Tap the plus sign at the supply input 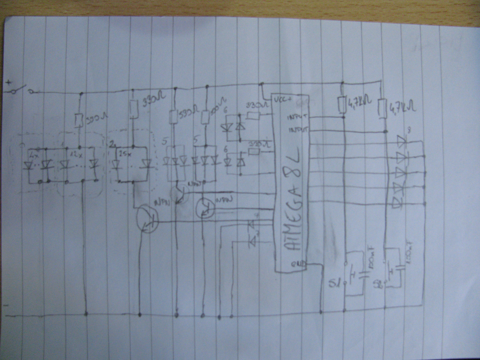(9, 83)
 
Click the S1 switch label (334, 282)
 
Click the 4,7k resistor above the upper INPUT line (342, 105)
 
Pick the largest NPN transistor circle (147, 219)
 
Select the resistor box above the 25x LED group (133, 109)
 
